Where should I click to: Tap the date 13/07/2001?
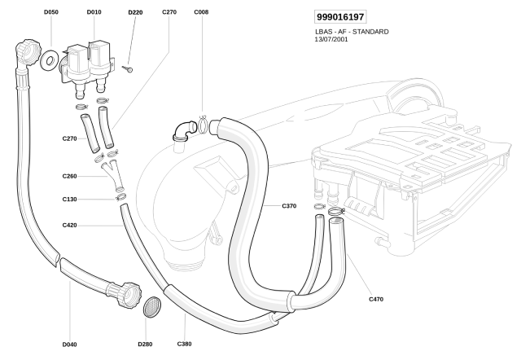tap(331, 38)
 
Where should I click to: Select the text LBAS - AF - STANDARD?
tap(351, 31)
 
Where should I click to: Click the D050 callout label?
tap(51, 13)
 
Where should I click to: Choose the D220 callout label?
tap(135, 14)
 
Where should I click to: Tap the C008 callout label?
tap(201, 13)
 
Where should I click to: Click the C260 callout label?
tap(69, 177)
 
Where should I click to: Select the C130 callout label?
tap(69, 200)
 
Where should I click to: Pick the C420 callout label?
tap(69, 225)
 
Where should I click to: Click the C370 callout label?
tap(289, 206)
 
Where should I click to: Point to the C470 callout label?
tap(375, 299)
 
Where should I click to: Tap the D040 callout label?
tap(69, 345)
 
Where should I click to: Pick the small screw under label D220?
tap(128, 70)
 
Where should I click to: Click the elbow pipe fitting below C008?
tap(185, 129)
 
